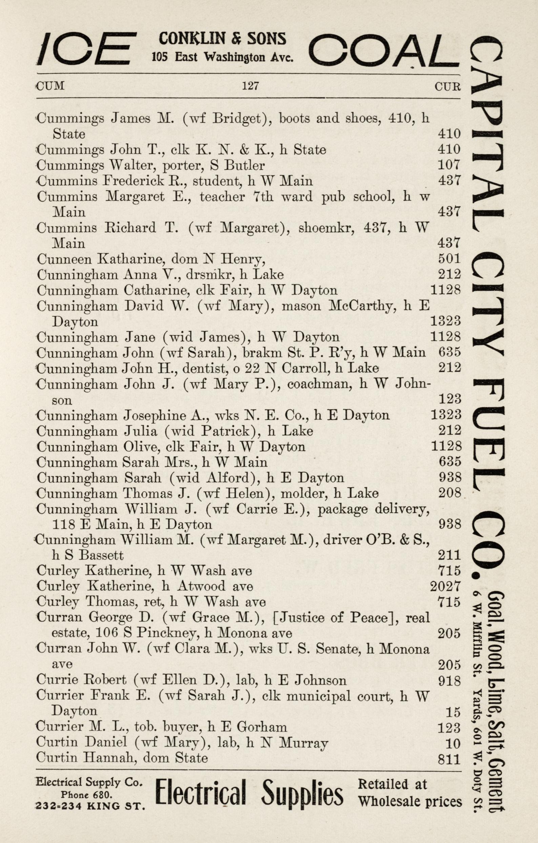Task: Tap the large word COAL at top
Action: pyautogui.click(x=384, y=49)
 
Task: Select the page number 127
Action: pyautogui.click(x=250, y=85)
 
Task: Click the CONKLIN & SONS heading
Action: pyautogui.click(x=222, y=39)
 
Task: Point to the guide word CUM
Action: pyautogui.click(x=51, y=86)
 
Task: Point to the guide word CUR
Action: pyautogui.click(x=447, y=86)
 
